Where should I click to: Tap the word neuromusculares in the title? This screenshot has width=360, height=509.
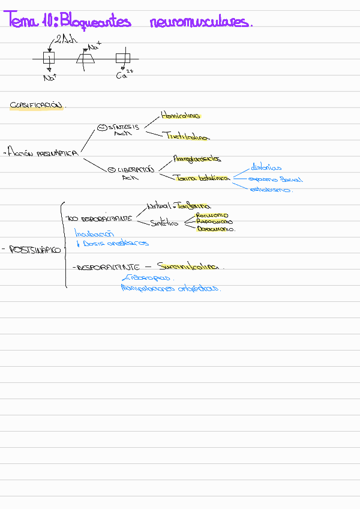coord(201,23)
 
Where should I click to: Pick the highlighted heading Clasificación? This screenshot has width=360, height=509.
coord(36,105)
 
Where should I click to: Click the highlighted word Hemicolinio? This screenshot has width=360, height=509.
coord(181,115)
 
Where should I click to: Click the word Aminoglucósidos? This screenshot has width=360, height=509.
coord(197,159)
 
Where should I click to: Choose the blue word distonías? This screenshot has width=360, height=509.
coord(266,168)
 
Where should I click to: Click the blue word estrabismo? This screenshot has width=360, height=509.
coord(271,190)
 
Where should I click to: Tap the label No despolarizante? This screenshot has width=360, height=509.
coord(99,218)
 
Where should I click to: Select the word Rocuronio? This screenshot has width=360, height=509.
coord(212,215)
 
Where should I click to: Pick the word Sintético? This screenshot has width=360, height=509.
coord(165,223)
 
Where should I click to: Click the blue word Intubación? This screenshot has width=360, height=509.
coord(94,233)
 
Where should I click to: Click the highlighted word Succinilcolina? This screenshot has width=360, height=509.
coord(188,266)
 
